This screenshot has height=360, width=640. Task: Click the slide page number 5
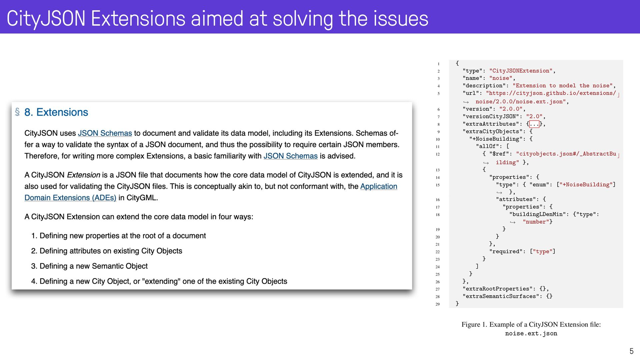(631, 351)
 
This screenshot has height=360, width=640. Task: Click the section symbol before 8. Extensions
(17, 112)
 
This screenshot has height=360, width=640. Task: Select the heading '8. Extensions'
(56, 112)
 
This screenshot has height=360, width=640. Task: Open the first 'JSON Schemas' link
(105, 133)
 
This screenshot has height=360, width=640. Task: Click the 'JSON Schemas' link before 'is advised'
(291, 156)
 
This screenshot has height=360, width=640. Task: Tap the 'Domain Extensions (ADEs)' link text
(70, 198)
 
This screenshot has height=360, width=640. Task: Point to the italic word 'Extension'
(84, 175)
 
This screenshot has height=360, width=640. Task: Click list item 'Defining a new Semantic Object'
(94, 266)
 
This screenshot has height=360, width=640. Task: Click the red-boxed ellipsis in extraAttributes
(534, 124)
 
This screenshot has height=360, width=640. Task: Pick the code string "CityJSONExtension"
(521, 71)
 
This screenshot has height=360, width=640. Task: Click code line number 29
(438, 304)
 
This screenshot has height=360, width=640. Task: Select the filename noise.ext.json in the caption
(531, 334)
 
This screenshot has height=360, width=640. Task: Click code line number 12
(438, 154)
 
